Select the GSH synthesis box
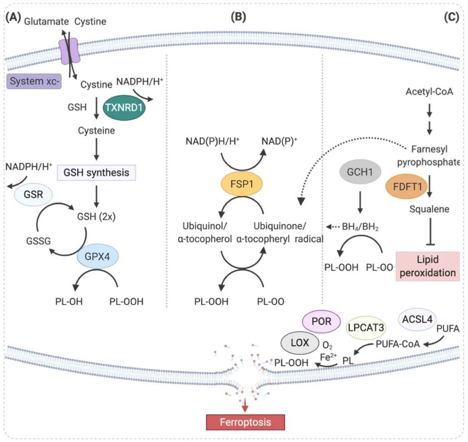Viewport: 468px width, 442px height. pos(97,173)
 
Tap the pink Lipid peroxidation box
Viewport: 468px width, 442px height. pos(427,266)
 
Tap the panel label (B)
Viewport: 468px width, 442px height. pos(238,17)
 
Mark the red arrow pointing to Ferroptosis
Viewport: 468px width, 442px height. pos(245,406)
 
